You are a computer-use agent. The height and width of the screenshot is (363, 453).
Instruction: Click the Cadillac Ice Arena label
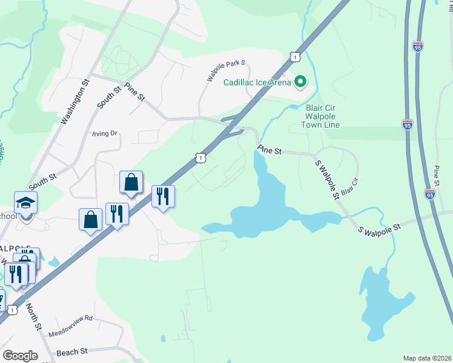click(257, 82)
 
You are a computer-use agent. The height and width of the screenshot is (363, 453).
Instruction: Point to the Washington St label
click(74, 100)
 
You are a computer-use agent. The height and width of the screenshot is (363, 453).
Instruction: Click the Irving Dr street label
click(104, 134)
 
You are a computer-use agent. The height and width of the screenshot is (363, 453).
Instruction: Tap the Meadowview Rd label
click(71, 318)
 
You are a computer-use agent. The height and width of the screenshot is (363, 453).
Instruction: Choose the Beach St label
click(72, 352)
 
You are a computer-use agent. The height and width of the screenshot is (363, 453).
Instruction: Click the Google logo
click(20, 356)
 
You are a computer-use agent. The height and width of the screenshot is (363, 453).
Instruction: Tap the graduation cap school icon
click(26, 203)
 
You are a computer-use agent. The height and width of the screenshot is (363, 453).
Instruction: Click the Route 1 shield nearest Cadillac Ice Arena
click(294, 56)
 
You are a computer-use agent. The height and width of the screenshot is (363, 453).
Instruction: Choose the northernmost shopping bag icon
click(131, 182)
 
